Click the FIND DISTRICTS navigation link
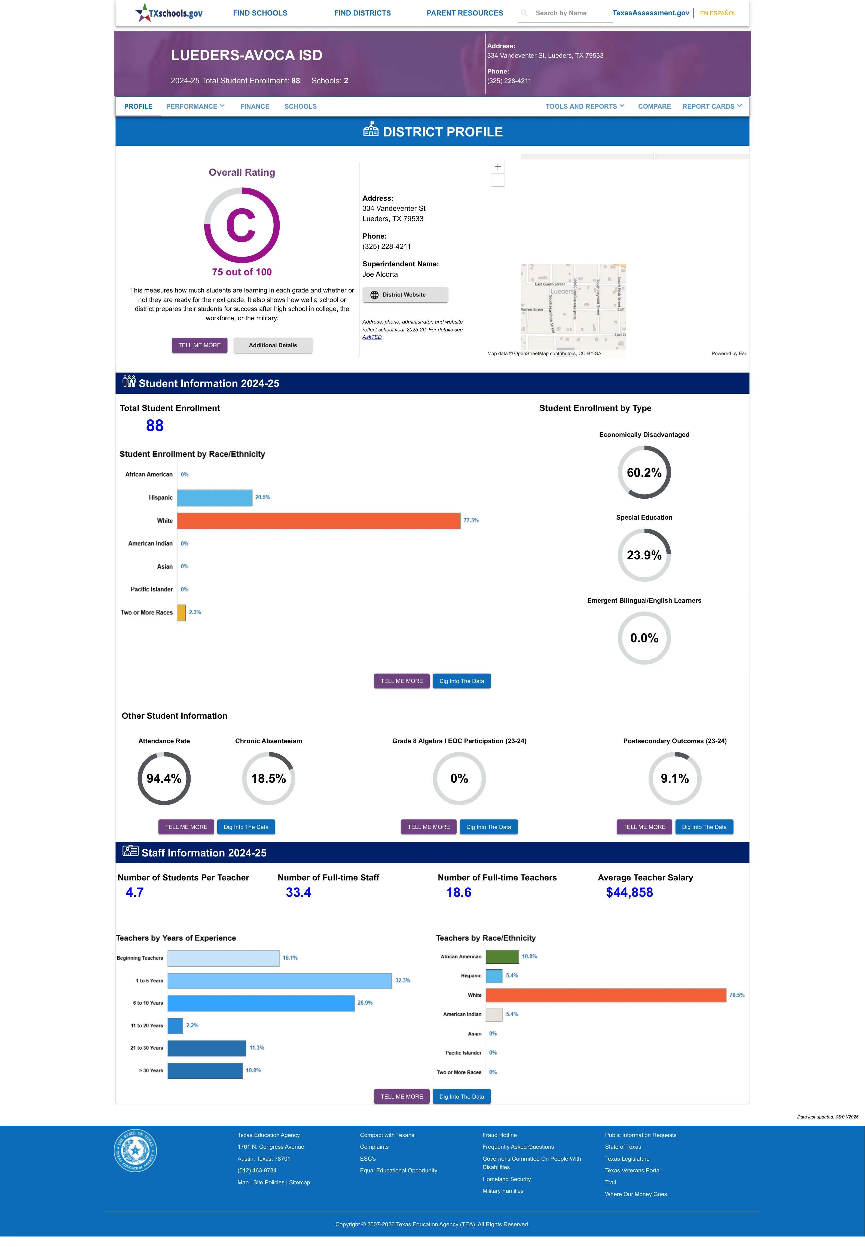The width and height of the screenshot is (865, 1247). pyautogui.click(x=362, y=13)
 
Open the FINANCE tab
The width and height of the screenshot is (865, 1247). pyautogui.click(x=255, y=106)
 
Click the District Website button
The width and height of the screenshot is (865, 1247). pyautogui.click(x=405, y=295)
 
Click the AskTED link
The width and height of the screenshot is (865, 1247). pyautogui.click(x=372, y=337)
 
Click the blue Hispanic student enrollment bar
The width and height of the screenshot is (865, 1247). pyautogui.click(x=215, y=498)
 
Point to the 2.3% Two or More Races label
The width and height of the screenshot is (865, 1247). pyautogui.click(x=195, y=612)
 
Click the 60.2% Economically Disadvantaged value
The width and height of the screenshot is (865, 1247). pyautogui.click(x=644, y=472)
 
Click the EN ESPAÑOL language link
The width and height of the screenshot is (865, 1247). pyautogui.click(x=718, y=13)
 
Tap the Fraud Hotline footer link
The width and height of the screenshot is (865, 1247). pyautogui.click(x=499, y=1135)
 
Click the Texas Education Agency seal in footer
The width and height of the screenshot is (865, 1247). pyautogui.click(x=135, y=1151)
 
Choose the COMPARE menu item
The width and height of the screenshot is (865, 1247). pyautogui.click(x=654, y=106)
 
